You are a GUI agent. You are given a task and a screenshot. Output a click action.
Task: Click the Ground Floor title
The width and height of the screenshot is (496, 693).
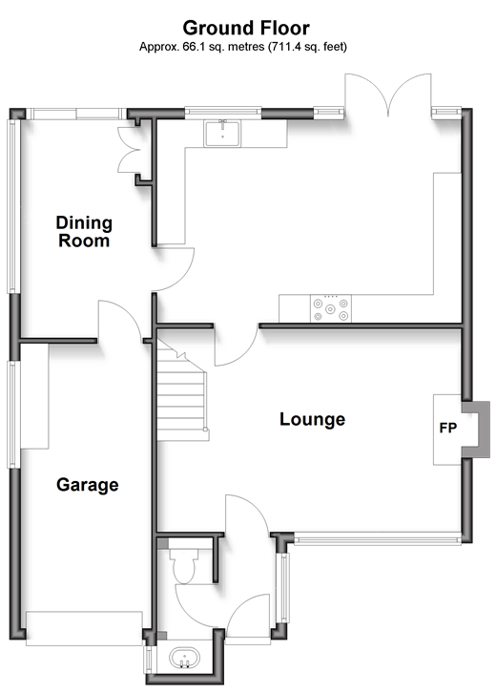click(246, 28)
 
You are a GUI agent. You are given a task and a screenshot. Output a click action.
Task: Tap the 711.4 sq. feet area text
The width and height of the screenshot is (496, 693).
click(307, 47)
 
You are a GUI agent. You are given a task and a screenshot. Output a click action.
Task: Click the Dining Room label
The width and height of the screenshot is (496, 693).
click(84, 232)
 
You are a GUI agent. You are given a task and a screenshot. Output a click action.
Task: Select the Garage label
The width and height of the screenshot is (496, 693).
click(88, 485)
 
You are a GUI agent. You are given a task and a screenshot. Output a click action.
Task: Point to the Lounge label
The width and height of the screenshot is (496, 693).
click(312, 419)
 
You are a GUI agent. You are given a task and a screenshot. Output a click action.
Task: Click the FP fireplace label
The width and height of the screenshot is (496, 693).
click(448, 428)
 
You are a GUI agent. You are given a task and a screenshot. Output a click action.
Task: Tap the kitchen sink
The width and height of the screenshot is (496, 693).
click(222, 134)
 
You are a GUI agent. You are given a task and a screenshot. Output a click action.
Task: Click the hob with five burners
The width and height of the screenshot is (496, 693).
click(331, 308)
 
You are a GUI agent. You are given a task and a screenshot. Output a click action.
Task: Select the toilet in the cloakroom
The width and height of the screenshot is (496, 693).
click(183, 566)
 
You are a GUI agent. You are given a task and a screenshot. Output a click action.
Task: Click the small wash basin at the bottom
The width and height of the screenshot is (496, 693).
click(184, 659)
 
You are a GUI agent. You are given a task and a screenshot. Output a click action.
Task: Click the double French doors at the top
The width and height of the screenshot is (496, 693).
click(388, 94)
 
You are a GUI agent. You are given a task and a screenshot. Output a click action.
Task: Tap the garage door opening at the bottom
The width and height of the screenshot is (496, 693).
click(84, 628)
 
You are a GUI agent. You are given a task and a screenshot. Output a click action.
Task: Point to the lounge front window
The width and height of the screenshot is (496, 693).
click(378, 538)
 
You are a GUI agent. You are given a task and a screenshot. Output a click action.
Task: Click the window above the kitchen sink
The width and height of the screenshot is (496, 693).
click(223, 113)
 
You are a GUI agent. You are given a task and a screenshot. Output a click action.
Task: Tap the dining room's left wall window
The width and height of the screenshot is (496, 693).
click(12, 206)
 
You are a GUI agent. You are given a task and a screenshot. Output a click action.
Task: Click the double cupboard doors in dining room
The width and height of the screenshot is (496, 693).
click(129, 150)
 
